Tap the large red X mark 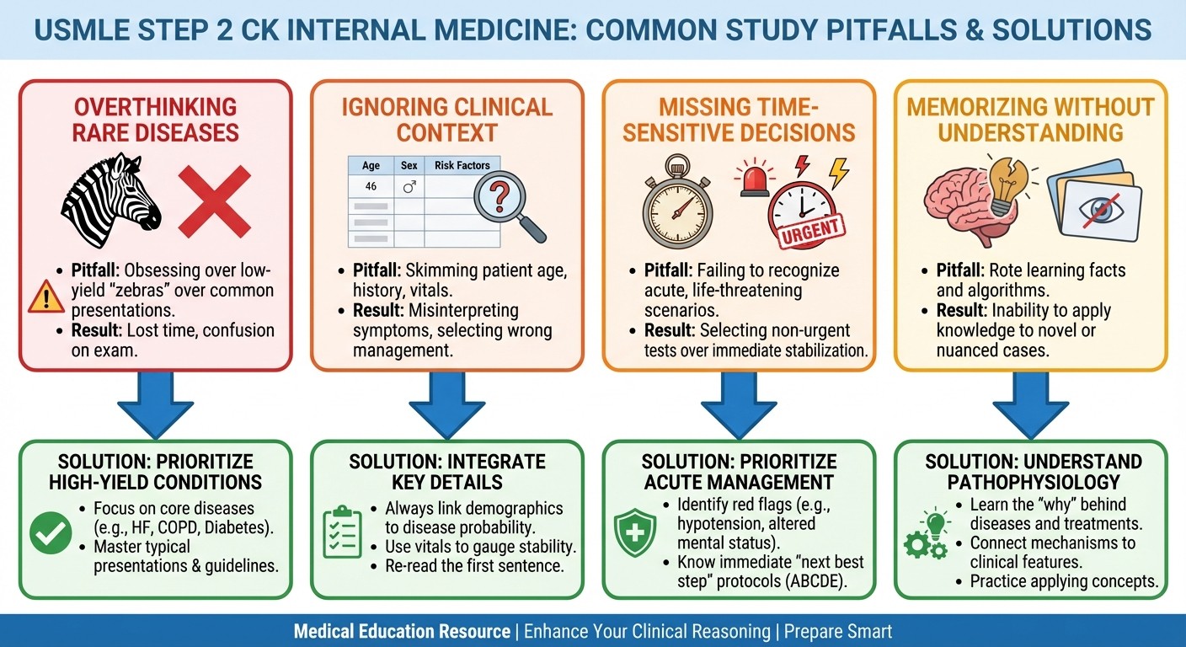point(215,201)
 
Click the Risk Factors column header point(462,165)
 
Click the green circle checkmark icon point(51,533)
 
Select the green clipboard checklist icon point(342,532)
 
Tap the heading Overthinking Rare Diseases point(156,120)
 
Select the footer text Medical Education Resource point(402,631)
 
